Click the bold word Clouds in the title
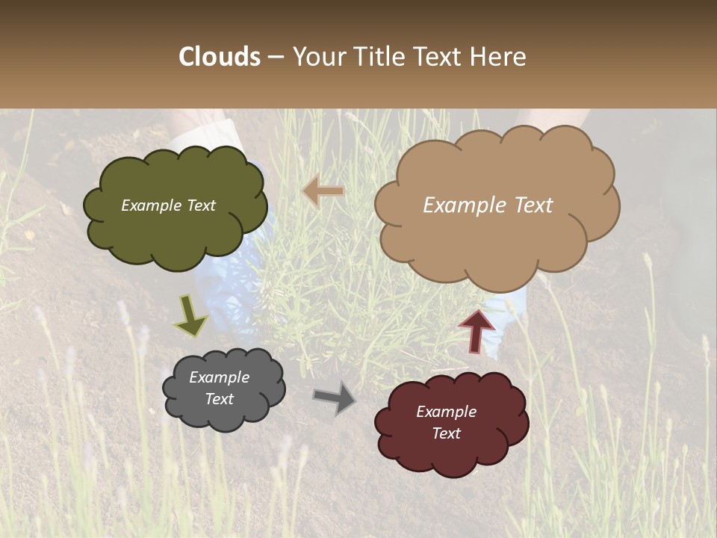pos(220,57)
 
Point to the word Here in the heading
pos(498,57)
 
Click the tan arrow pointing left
pos(323,192)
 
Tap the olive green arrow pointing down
pos(190,317)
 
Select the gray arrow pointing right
pos(335,398)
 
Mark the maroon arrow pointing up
pos(477,330)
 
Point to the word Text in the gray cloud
pos(220,399)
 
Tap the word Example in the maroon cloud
pos(446,412)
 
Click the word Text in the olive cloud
pos(200,205)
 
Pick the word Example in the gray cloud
pos(220,377)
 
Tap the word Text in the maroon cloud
pos(446,433)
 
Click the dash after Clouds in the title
pos(275,57)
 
